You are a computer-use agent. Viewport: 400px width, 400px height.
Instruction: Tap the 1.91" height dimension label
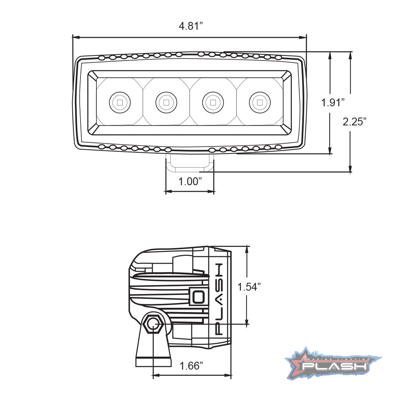pyautogui.click(x=333, y=103)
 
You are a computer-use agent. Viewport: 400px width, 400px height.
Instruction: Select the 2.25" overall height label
pyautogui.click(x=355, y=121)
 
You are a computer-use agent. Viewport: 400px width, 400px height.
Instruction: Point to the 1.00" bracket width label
pyautogui.click(x=190, y=182)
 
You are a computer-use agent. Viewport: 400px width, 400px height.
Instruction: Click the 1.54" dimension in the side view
pyautogui.click(x=249, y=287)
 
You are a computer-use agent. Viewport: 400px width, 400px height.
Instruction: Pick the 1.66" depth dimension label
pyautogui.click(x=191, y=366)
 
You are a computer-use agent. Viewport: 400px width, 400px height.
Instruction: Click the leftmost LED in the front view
pyautogui.click(x=120, y=103)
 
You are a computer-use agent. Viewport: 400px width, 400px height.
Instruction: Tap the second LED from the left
pyautogui.click(x=166, y=103)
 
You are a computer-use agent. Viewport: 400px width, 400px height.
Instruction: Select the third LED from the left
pyautogui.click(x=213, y=103)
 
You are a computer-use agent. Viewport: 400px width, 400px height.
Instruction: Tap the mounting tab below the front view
pyautogui.click(x=190, y=163)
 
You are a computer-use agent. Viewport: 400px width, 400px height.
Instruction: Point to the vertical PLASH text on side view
pyautogui.click(x=219, y=299)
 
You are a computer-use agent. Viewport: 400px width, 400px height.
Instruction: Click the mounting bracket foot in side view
pyautogui.click(x=154, y=362)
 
